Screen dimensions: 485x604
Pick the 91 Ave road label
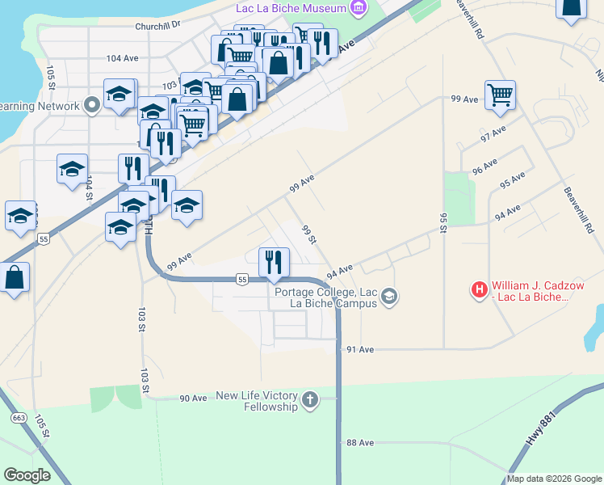tap(360, 349)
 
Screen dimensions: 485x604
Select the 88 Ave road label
tap(360, 443)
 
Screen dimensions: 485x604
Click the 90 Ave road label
tap(193, 399)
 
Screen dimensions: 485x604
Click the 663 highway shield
tap(18, 418)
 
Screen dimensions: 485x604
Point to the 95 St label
tap(443, 222)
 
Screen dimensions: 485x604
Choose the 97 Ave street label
tap(493, 133)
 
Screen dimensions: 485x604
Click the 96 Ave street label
tap(484, 167)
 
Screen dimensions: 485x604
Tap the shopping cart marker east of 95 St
tap(501, 95)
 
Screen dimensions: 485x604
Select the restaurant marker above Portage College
tap(274, 261)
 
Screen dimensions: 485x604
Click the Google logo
tap(27, 475)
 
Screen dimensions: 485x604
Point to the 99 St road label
tap(308, 234)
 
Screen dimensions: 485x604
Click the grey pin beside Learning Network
tap(91, 105)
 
